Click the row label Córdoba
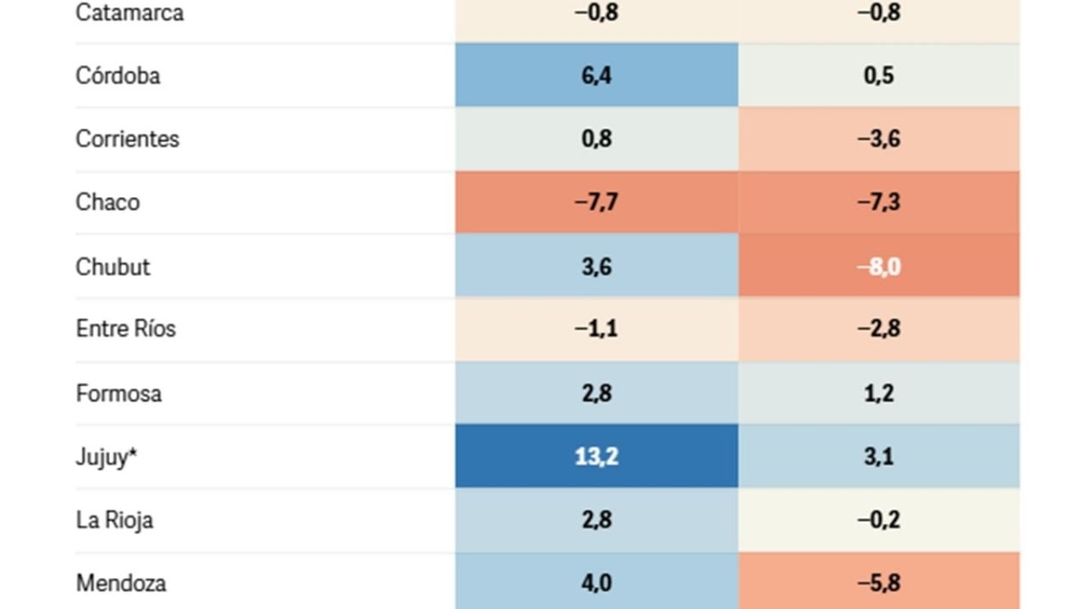[118, 75]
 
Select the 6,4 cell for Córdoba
[596, 75]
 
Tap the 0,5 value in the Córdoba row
[879, 75]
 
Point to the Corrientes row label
[127, 139]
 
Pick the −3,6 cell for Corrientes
[879, 139]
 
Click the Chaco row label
[107, 202]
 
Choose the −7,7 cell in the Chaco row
[596, 202]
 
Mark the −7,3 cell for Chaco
[879, 202]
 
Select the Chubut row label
[113, 266]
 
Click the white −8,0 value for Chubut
[879, 266]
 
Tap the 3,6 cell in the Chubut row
[596, 266]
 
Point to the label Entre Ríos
[125, 328]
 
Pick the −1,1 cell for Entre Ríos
[596, 328]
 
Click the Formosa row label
[118, 393]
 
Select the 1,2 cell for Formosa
[879, 393]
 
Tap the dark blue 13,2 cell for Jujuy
[596, 457]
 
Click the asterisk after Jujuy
[133, 453]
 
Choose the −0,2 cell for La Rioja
[879, 519]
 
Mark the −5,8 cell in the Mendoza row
[879, 583]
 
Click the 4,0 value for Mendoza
[596, 583]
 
